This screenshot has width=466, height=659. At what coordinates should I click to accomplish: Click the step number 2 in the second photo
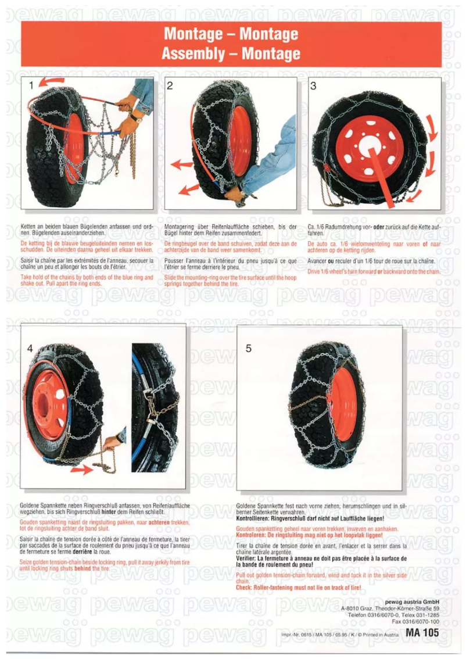click(x=170, y=86)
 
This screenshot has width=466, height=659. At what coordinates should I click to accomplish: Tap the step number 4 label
click(x=30, y=349)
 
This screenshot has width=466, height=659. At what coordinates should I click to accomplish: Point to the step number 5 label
click(x=249, y=349)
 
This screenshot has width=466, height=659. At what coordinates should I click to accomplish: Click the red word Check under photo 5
click(x=243, y=588)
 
